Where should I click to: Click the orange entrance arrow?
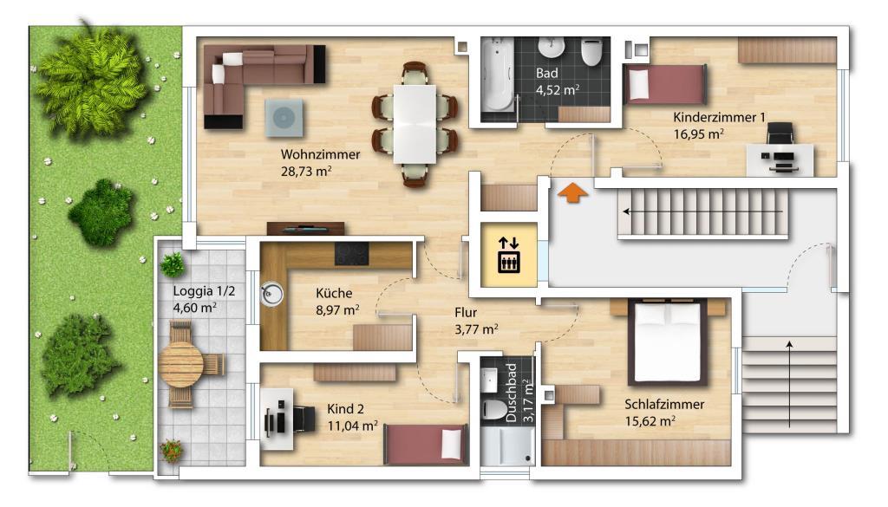coord(573,192)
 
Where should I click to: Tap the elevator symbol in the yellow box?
coord(508,255)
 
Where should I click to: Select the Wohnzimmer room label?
coord(321,154)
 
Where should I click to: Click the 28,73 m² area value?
coord(306,171)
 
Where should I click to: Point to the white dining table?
coord(415,124)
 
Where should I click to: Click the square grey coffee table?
coord(284,118)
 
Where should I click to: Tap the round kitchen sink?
coord(272,295)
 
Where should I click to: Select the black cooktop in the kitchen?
coord(352,253)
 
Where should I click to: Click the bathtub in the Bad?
coord(497,75)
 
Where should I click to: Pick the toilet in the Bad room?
coord(591,52)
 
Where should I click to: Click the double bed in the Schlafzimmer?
coord(668,342)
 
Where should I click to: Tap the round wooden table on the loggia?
coord(180,364)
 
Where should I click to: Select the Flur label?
coord(466,312)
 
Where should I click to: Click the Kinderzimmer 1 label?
coord(719,117)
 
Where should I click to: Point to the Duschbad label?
coord(512,393)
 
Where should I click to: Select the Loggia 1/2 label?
coord(204,291)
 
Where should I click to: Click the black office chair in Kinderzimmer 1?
coord(780,134)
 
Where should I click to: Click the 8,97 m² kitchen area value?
coord(337,310)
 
